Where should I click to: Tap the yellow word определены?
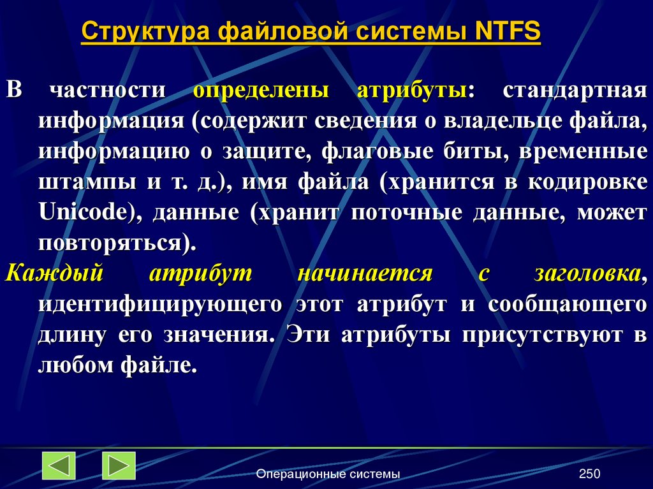[261, 90]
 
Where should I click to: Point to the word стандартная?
[575, 90]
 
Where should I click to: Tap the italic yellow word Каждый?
[54, 274]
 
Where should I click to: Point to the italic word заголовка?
[587, 274]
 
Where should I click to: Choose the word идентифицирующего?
[159, 304]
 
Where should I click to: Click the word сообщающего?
[568, 304]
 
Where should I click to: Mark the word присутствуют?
[535, 335]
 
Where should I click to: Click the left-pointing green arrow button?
[59, 465]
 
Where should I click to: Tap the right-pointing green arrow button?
[119, 465]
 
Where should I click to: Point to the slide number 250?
[590, 474]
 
